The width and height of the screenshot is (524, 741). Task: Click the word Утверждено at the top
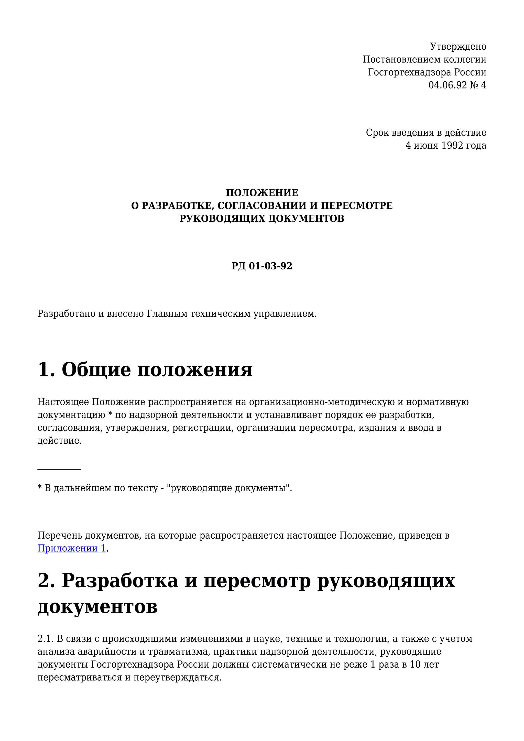pos(458,47)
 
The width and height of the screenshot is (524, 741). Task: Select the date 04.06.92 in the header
pos(447,85)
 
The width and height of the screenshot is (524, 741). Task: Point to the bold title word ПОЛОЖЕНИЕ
pos(262,193)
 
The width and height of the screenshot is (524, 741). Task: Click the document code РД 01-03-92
pos(262,266)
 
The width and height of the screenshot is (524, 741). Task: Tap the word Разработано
pos(67,313)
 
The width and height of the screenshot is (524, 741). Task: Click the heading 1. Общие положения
pos(145,369)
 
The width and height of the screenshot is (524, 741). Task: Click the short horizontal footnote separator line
pos(59,469)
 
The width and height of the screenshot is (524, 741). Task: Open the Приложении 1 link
pos(72,548)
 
